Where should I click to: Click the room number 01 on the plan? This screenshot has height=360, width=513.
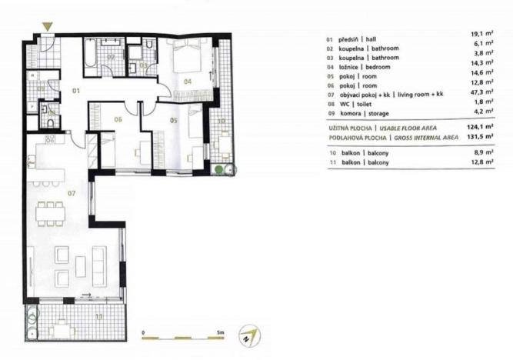(x=76, y=91)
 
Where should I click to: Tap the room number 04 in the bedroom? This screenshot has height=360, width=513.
(x=186, y=80)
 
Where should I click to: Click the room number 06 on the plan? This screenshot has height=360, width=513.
(x=118, y=119)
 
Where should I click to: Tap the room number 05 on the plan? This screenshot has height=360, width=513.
(x=174, y=120)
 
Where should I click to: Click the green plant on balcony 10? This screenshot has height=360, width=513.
(x=220, y=169)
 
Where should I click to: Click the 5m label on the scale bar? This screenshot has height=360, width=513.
(x=221, y=332)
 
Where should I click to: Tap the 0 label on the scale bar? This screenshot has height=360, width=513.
(x=144, y=332)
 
